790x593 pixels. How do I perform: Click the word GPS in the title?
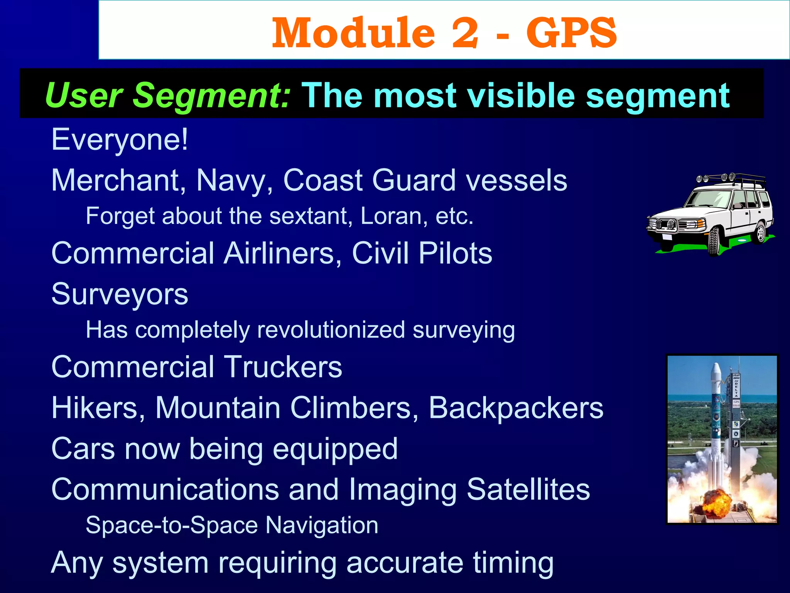[x=571, y=33]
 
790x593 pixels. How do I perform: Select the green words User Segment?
[x=167, y=96]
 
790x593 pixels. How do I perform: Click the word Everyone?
[x=120, y=140]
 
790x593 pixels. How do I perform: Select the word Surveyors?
[x=120, y=294]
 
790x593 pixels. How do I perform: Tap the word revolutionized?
[x=331, y=330]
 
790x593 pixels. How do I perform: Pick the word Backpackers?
[x=516, y=408]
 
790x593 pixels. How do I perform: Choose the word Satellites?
[x=528, y=489]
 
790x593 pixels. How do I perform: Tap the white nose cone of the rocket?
[x=716, y=373]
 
